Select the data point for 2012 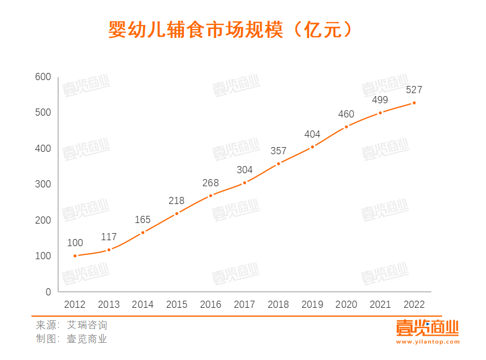pyautogui.click(x=75, y=256)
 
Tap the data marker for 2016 pyautogui.click(x=211, y=195)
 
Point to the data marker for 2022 pyautogui.click(x=414, y=103)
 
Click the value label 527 pyautogui.click(x=414, y=90)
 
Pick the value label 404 pyautogui.click(x=312, y=134)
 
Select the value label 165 pyautogui.click(x=143, y=219)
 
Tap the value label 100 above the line pyautogui.click(x=75, y=243)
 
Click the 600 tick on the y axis pyautogui.click(x=43, y=77)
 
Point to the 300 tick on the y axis pyautogui.click(x=43, y=184)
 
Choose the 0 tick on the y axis pyautogui.click(x=48, y=292)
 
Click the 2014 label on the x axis pyautogui.click(x=143, y=305)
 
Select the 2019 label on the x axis pyautogui.click(x=312, y=305)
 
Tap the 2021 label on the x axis pyautogui.click(x=380, y=305)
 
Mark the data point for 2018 pyautogui.click(x=278, y=164)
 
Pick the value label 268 pyautogui.click(x=211, y=183)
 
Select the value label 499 pyautogui.click(x=380, y=99)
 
